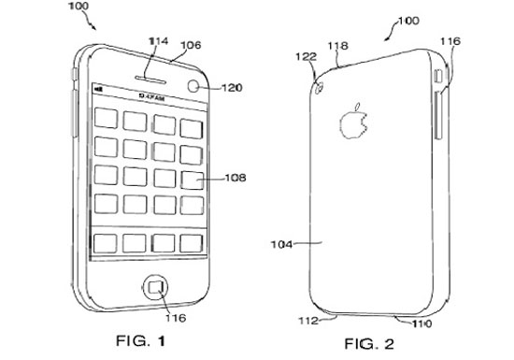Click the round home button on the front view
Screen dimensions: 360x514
152,284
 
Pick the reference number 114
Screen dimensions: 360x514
156,40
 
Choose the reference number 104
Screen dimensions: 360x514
281,244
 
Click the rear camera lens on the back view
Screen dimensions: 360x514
321,89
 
